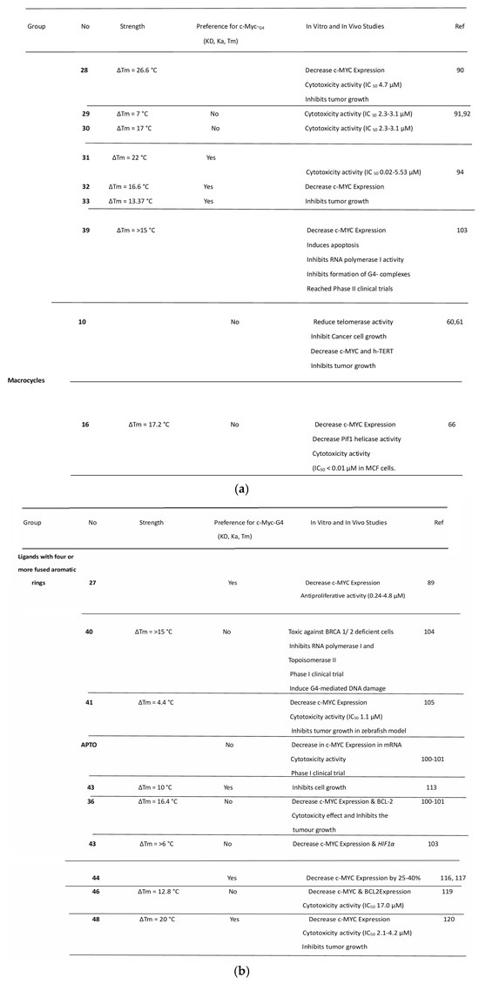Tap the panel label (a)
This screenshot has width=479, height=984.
click(x=239, y=489)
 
